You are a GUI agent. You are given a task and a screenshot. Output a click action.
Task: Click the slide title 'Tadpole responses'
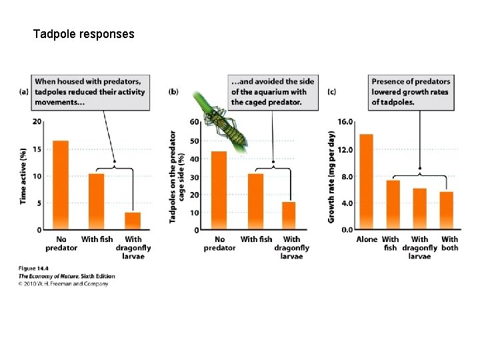tap(83, 33)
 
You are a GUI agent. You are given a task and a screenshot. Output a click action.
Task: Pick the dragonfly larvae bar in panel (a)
tap(133, 221)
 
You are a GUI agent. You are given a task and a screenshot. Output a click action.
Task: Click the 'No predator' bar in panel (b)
tap(219, 191)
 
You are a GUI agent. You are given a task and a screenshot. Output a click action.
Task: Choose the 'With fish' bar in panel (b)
tap(256, 201)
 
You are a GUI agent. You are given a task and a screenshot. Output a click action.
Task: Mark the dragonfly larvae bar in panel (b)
tap(289, 215)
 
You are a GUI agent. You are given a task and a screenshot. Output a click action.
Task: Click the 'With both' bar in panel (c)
tap(446, 210)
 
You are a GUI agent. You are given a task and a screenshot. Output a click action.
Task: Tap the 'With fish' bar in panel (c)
tap(393, 205)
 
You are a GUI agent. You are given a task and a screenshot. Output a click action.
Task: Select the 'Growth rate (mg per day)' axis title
tap(331, 177)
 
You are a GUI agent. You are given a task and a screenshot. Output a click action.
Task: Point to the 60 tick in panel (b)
tap(194, 122)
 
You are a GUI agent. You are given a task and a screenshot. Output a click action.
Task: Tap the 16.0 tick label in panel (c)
tap(345, 122)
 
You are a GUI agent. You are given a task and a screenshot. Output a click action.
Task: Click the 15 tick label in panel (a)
tap(37, 149)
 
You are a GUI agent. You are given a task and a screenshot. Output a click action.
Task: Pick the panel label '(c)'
tap(332, 91)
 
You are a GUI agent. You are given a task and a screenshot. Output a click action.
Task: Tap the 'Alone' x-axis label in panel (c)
tap(367, 239)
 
